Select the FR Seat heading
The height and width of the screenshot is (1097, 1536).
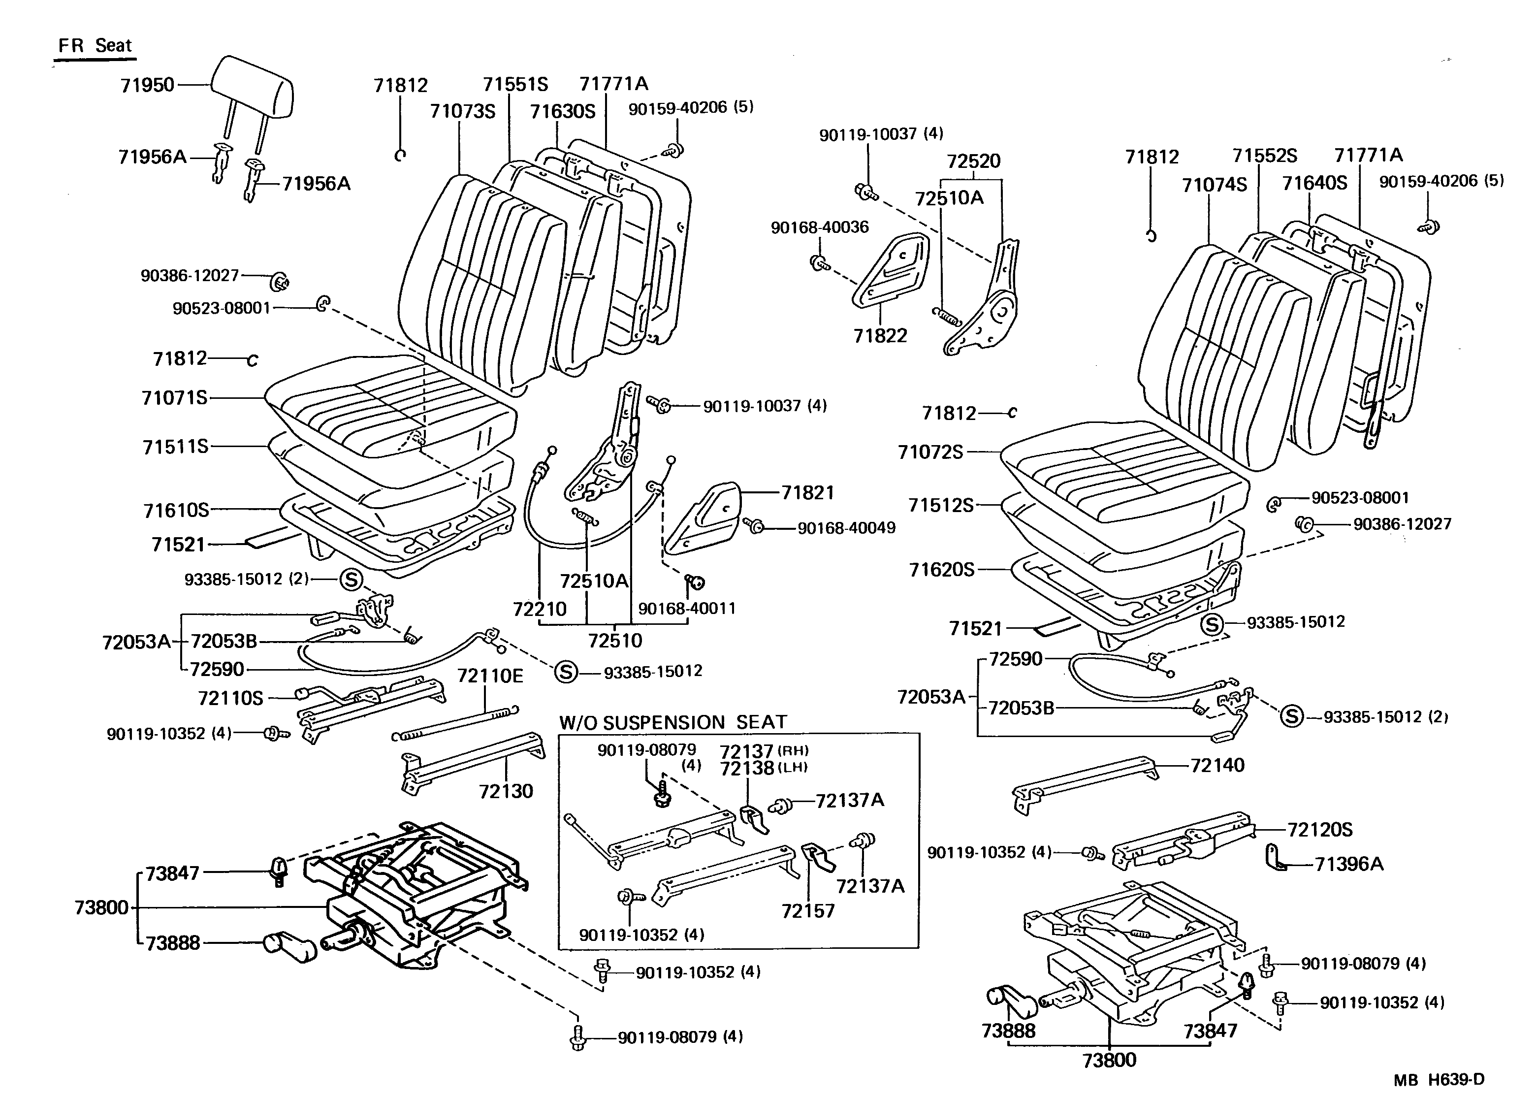(95, 46)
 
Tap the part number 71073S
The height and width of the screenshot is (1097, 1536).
(463, 111)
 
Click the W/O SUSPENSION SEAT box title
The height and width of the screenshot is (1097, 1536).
(673, 722)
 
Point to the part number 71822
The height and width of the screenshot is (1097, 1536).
(880, 336)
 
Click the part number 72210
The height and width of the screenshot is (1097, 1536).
(540, 609)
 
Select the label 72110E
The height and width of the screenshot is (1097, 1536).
(490, 676)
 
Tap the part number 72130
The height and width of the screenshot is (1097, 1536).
(506, 791)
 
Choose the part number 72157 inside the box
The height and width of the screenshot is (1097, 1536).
(808, 911)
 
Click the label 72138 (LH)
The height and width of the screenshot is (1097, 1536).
(763, 769)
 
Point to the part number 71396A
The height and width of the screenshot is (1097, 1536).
(1349, 864)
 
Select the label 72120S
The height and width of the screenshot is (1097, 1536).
(1320, 830)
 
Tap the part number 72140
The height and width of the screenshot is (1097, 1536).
(1217, 765)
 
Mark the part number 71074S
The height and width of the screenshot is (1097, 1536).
(1214, 185)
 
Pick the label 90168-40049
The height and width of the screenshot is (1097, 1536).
(846, 528)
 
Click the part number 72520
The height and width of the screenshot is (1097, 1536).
(973, 161)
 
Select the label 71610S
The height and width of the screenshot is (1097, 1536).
(176, 510)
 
